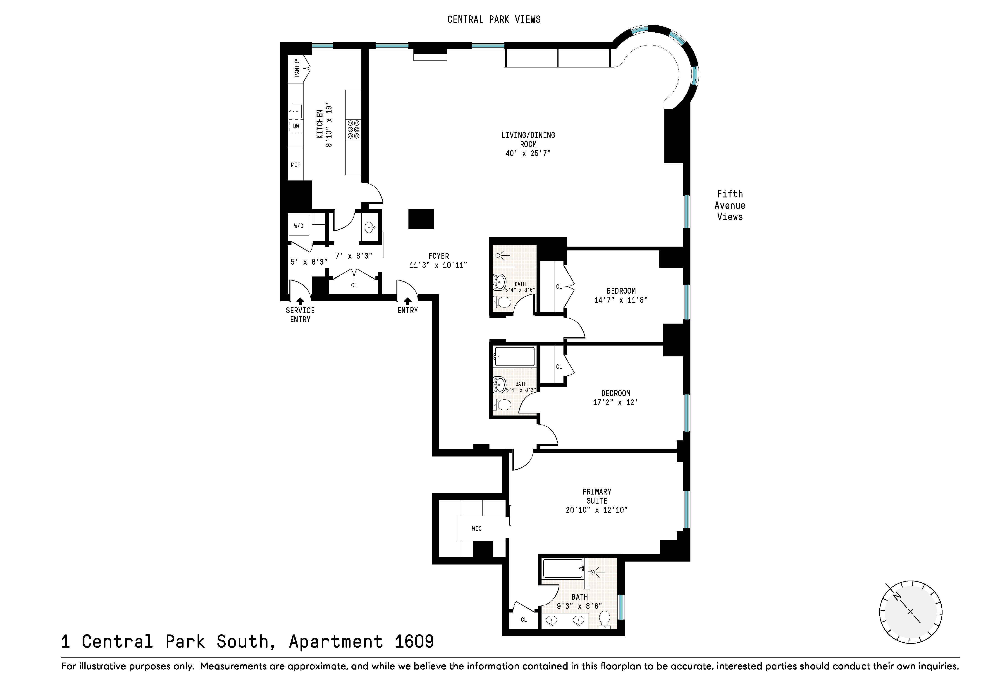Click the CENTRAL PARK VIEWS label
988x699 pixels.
click(494, 19)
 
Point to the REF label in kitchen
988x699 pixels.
click(295, 165)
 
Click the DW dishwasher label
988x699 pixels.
click(296, 126)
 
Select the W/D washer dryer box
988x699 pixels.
click(299, 226)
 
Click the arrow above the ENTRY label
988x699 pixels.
click(407, 301)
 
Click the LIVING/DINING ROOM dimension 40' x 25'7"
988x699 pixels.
click(528, 153)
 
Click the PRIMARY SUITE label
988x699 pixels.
click(597, 496)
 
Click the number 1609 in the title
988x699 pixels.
click(414, 642)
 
